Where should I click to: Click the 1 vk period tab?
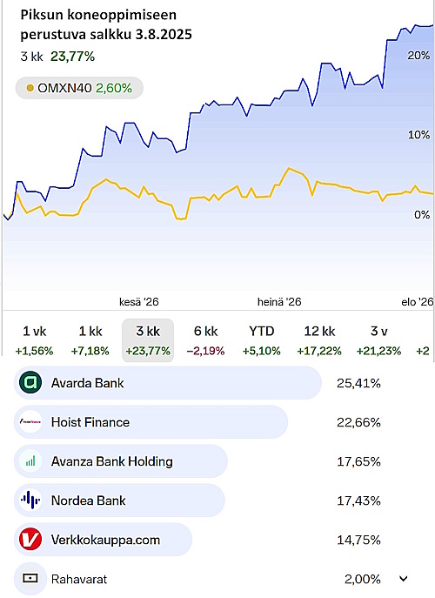coord(34,340)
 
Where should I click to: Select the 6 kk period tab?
coord(206,340)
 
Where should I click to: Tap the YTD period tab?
coord(262,340)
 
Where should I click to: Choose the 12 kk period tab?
coord(319,340)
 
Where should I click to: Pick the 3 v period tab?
coord(379,340)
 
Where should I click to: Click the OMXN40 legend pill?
coord(79,88)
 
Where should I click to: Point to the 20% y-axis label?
coord(418,56)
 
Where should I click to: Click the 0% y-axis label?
coord(422,215)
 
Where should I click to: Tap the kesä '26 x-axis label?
coord(139,302)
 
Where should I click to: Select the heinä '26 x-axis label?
coord(279,302)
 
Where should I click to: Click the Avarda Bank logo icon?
coord(30,382)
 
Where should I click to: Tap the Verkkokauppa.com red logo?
coord(30,540)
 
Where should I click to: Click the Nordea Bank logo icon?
coord(30,501)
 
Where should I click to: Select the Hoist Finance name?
coord(90,422)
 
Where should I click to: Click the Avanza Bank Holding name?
coord(112,461)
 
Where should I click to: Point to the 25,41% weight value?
coord(358,383)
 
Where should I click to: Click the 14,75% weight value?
coord(358,540)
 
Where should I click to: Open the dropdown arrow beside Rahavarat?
coord(404,580)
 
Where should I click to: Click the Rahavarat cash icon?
coord(30,579)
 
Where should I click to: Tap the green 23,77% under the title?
coord(72,57)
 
